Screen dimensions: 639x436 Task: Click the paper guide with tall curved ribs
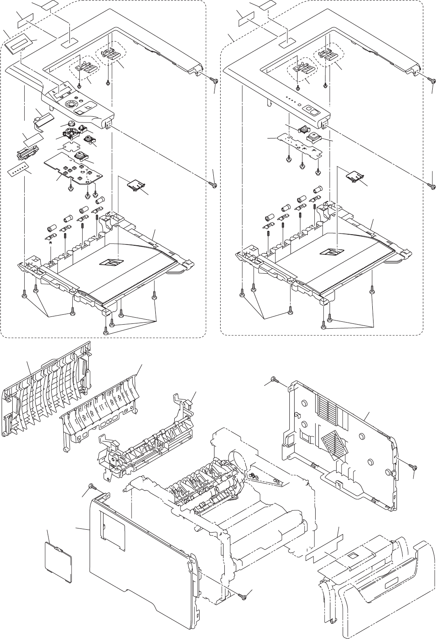pos(45,392)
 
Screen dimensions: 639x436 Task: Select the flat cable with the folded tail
pos(42,119)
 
